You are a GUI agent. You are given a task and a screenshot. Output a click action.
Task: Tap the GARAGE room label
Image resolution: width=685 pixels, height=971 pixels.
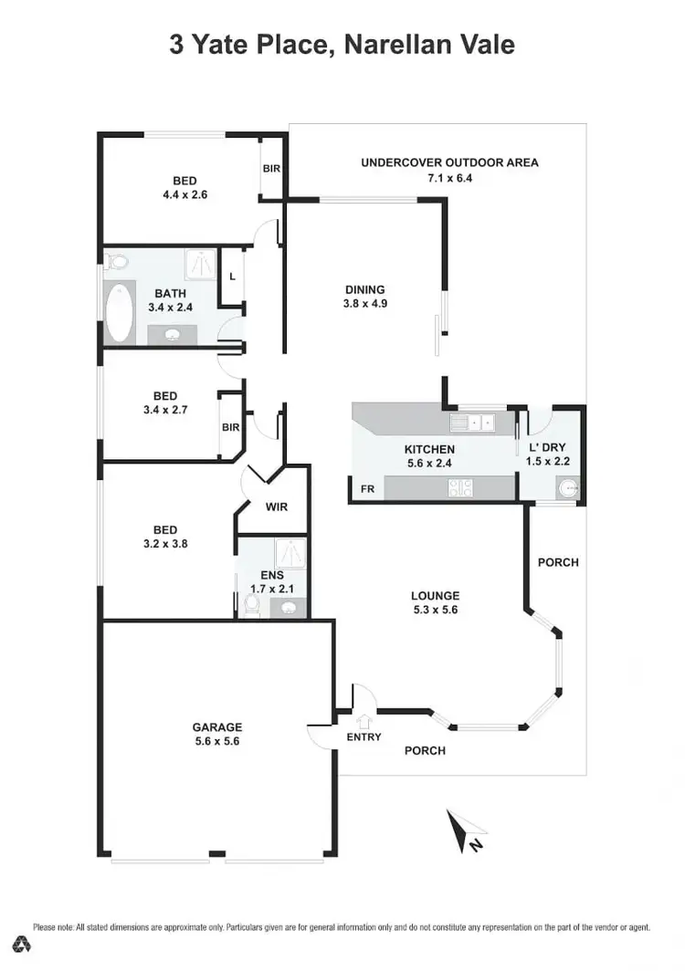(216, 727)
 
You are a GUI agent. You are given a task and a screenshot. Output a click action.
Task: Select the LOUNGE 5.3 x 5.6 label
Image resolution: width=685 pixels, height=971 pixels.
(434, 596)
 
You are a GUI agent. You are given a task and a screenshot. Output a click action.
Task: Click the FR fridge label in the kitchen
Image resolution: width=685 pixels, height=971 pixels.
(366, 489)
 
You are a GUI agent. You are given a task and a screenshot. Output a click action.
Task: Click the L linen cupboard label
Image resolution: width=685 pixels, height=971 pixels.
(233, 275)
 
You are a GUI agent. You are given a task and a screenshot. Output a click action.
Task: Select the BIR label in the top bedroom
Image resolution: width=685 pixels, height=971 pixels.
(271, 169)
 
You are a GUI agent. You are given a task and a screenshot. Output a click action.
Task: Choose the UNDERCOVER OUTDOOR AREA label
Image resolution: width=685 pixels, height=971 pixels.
(449, 163)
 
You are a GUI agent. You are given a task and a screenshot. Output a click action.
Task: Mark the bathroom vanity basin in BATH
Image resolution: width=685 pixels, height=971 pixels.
(172, 335)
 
